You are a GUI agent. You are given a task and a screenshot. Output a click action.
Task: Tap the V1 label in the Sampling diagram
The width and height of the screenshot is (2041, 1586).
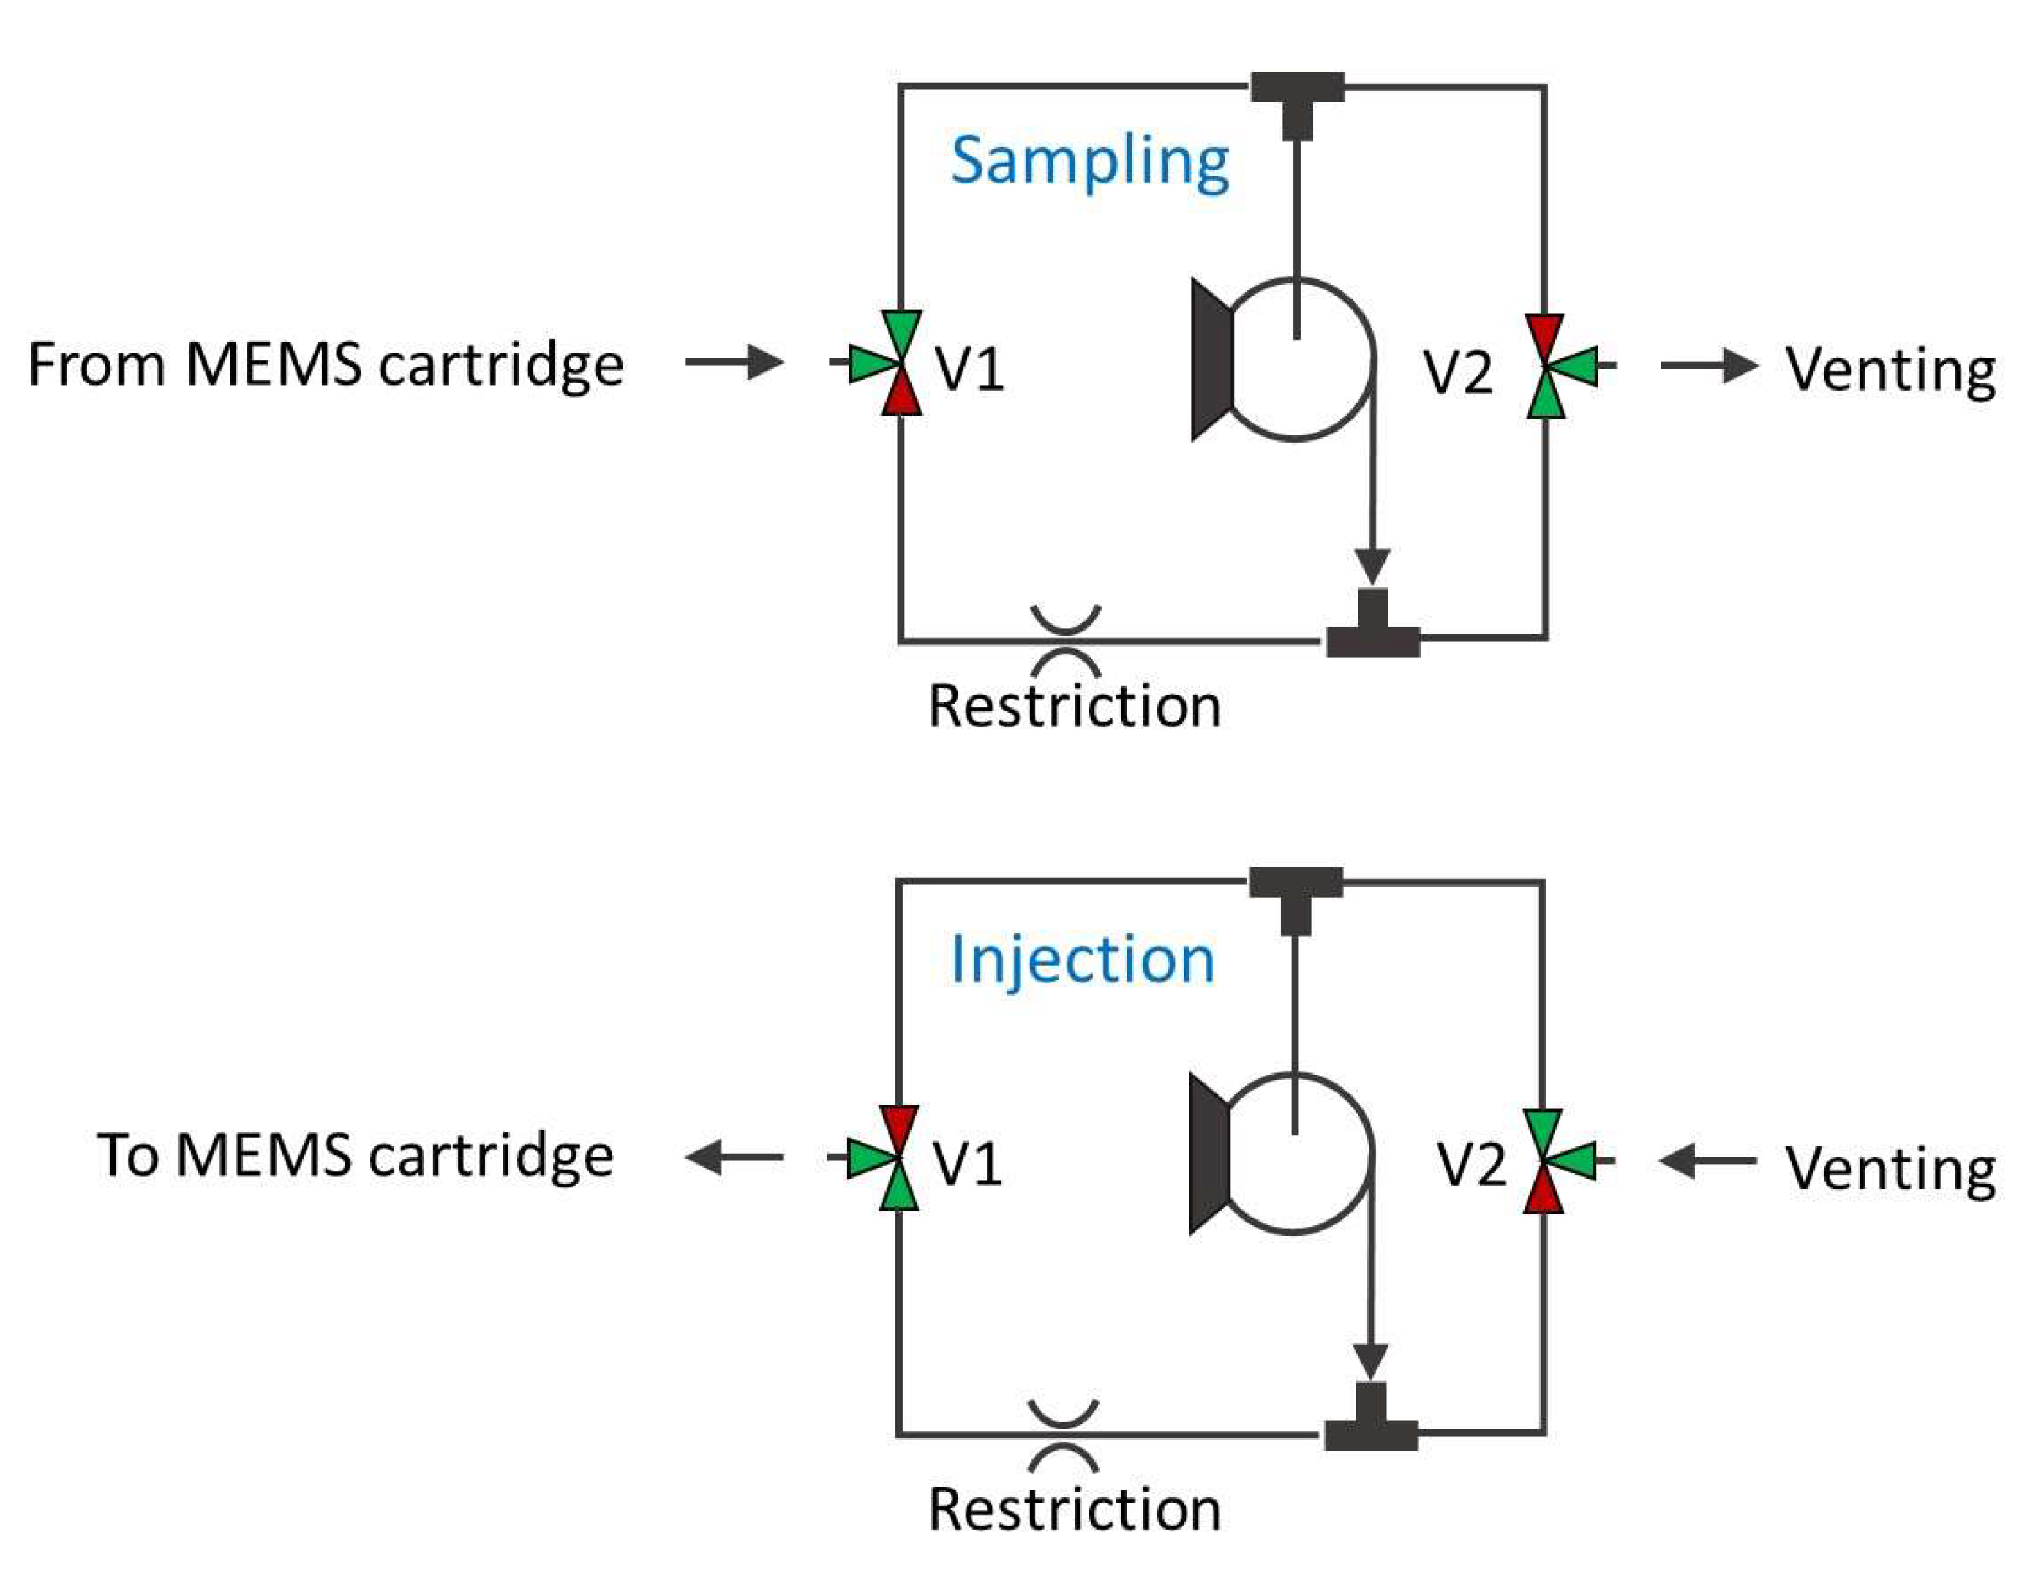(970, 367)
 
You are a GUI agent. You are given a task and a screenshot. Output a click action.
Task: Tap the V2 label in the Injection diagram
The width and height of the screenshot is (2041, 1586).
(1471, 1165)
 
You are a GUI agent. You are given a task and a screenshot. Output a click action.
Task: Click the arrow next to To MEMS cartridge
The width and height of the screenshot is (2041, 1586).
(734, 1158)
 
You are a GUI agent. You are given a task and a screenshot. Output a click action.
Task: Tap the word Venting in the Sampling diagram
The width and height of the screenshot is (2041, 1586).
(1890, 369)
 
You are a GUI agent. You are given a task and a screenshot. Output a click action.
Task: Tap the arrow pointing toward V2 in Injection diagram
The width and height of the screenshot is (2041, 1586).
(1707, 1162)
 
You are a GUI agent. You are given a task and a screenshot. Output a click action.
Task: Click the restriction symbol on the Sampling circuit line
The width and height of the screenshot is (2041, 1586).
(1065, 641)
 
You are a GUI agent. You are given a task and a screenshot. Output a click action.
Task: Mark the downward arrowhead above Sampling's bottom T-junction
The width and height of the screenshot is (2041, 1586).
(1372, 566)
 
